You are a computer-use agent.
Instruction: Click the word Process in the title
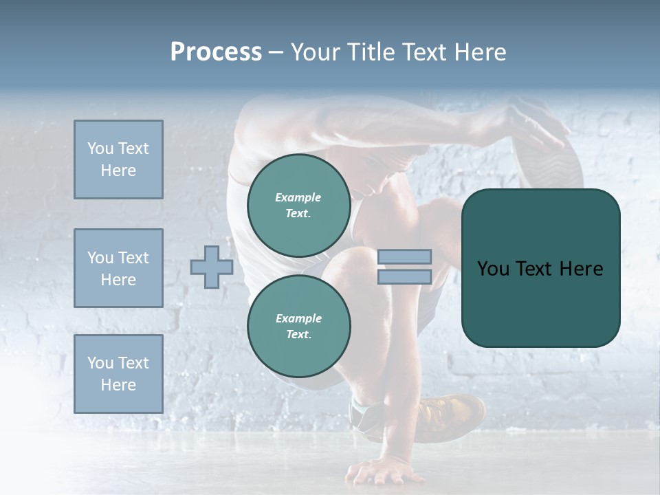[216, 52]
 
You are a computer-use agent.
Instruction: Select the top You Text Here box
[118, 159]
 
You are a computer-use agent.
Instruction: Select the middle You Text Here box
[118, 268]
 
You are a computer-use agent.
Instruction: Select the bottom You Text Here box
[118, 374]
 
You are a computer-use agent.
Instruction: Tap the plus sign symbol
[212, 267]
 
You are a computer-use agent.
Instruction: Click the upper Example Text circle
[298, 206]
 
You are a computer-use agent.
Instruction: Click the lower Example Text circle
[298, 326]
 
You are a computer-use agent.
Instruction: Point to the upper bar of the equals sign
[405, 256]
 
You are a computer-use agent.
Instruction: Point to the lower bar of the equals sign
[405, 277]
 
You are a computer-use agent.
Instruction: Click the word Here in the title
[479, 52]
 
